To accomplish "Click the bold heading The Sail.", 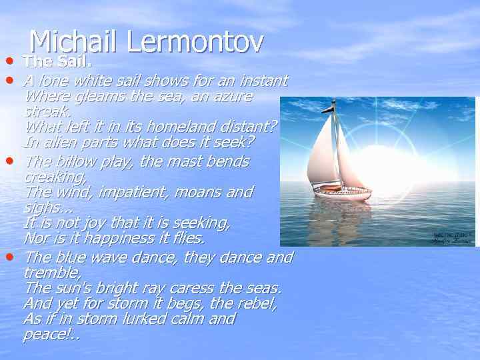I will click(57, 62).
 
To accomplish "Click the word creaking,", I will click(55, 177).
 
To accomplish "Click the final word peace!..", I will click(49, 333).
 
